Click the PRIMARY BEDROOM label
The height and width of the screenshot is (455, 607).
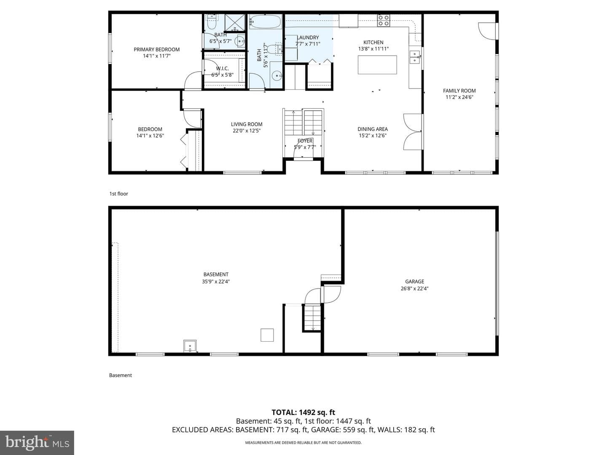pyautogui.click(x=156, y=49)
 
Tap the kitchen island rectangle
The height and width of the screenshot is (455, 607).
pyautogui.click(x=377, y=65)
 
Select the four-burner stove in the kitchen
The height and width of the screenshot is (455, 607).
pyautogui.click(x=384, y=21)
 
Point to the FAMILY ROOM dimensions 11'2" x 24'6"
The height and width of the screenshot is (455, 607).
pyautogui.click(x=459, y=97)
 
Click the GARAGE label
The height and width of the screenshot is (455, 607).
pyautogui.click(x=414, y=281)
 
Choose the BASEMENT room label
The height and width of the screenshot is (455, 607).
pyautogui.click(x=216, y=274)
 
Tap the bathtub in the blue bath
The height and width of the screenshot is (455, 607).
pyautogui.click(x=266, y=22)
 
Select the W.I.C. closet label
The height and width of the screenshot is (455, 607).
pyautogui.click(x=222, y=69)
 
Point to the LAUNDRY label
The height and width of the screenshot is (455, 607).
pyautogui.click(x=308, y=37)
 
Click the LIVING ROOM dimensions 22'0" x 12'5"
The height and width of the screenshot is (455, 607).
pyautogui.click(x=247, y=131)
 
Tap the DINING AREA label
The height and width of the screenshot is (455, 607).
pyautogui.click(x=373, y=129)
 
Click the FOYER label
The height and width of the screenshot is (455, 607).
pyautogui.click(x=305, y=141)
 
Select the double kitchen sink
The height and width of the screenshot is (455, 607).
pyautogui.click(x=414, y=56)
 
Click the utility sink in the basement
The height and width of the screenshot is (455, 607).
pyautogui.click(x=190, y=346)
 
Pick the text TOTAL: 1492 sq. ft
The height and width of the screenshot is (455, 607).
pyautogui.click(x=303, y=412)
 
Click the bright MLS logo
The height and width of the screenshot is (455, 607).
pyautogui.click(x=37, y=443)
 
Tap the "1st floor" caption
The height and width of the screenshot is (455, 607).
pyautogui.click(x=118, y=194)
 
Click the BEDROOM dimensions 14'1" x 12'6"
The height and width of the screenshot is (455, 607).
pyautogui.click(x=150, y=136)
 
